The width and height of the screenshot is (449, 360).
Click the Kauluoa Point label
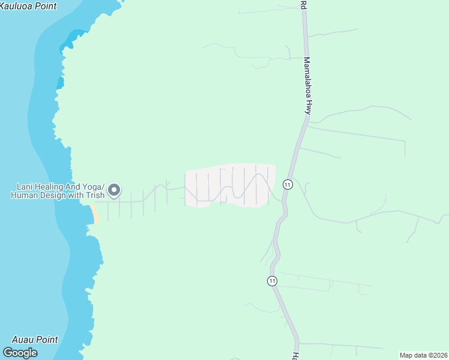(29, 6)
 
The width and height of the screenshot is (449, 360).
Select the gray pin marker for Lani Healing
(114, 191)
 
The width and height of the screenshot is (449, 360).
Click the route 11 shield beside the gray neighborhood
(288, 184)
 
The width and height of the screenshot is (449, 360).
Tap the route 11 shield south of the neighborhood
(272, 281)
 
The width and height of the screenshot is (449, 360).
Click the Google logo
(20, 353)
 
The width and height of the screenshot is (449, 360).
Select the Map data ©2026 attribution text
(423, 355)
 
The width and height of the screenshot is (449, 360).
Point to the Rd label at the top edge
(304, 5)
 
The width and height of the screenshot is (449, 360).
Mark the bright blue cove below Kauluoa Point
(75, 37)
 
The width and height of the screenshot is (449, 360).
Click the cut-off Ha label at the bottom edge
(295, 355)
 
